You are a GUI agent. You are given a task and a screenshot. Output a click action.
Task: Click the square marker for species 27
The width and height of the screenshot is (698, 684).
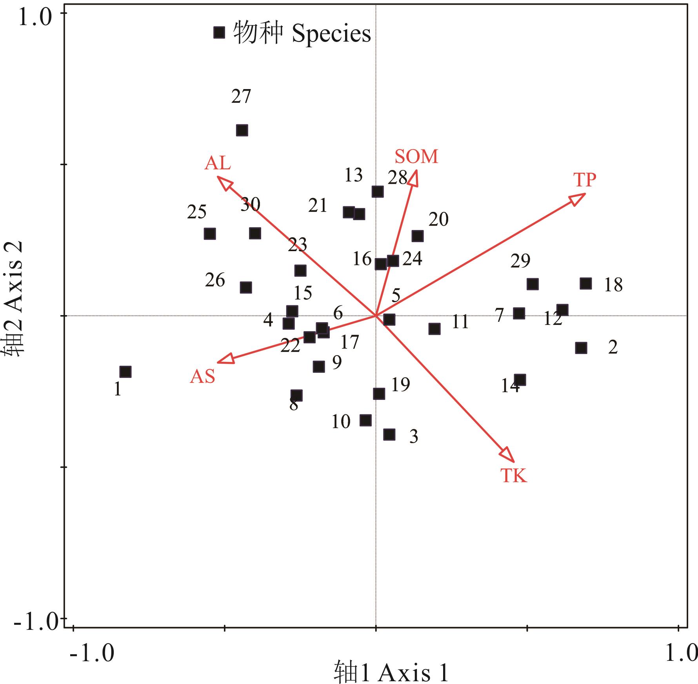(x=242, y=130)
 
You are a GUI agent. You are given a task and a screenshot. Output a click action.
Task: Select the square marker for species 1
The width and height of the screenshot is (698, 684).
(x=125, y=372)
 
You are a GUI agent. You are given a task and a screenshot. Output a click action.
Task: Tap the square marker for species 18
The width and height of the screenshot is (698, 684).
(x=585, y=283)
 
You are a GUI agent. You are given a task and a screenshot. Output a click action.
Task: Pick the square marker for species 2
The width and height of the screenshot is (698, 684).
(x=581, y=348)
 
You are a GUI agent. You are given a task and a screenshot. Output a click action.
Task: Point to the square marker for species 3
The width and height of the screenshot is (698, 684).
(x=389, y=434)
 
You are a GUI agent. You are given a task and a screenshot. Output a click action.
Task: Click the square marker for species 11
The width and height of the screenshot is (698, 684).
(x=434, y=328)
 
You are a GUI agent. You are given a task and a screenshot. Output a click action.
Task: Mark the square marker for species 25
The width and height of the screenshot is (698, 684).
(x=210, y=234)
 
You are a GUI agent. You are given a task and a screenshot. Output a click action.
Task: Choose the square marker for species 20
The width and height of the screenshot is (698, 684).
(x=418, y=236)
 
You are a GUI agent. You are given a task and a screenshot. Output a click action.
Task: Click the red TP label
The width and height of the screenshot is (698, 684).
(x=585, y=180)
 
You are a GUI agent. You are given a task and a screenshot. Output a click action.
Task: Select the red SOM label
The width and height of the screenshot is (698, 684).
(x=416, y=157)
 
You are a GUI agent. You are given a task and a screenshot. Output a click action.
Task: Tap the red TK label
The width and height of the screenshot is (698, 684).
(x=514, y=476)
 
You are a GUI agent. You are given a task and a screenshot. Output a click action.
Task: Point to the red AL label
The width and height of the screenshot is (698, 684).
(x=218, y=163)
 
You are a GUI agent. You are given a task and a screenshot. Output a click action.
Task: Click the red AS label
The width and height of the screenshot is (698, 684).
(x=203, y=377)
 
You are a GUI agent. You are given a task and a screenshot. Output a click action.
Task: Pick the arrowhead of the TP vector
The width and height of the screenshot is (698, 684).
(x=579, y=198)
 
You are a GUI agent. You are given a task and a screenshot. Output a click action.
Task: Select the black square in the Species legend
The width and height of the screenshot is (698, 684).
(x=219, y=32)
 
